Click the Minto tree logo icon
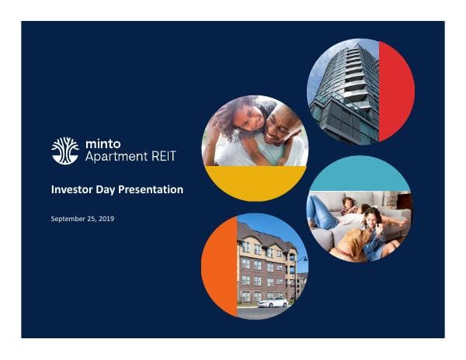click(64, 150)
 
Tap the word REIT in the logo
click(164, 156)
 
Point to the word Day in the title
click(108, 189)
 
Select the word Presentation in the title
click(151, 189)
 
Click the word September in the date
click(68, 219)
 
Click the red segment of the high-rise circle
click(397, 92)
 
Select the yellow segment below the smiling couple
click(255, 182)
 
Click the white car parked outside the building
click(273, 303)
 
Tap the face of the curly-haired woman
click(247, 121)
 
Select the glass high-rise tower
click(346, 89)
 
